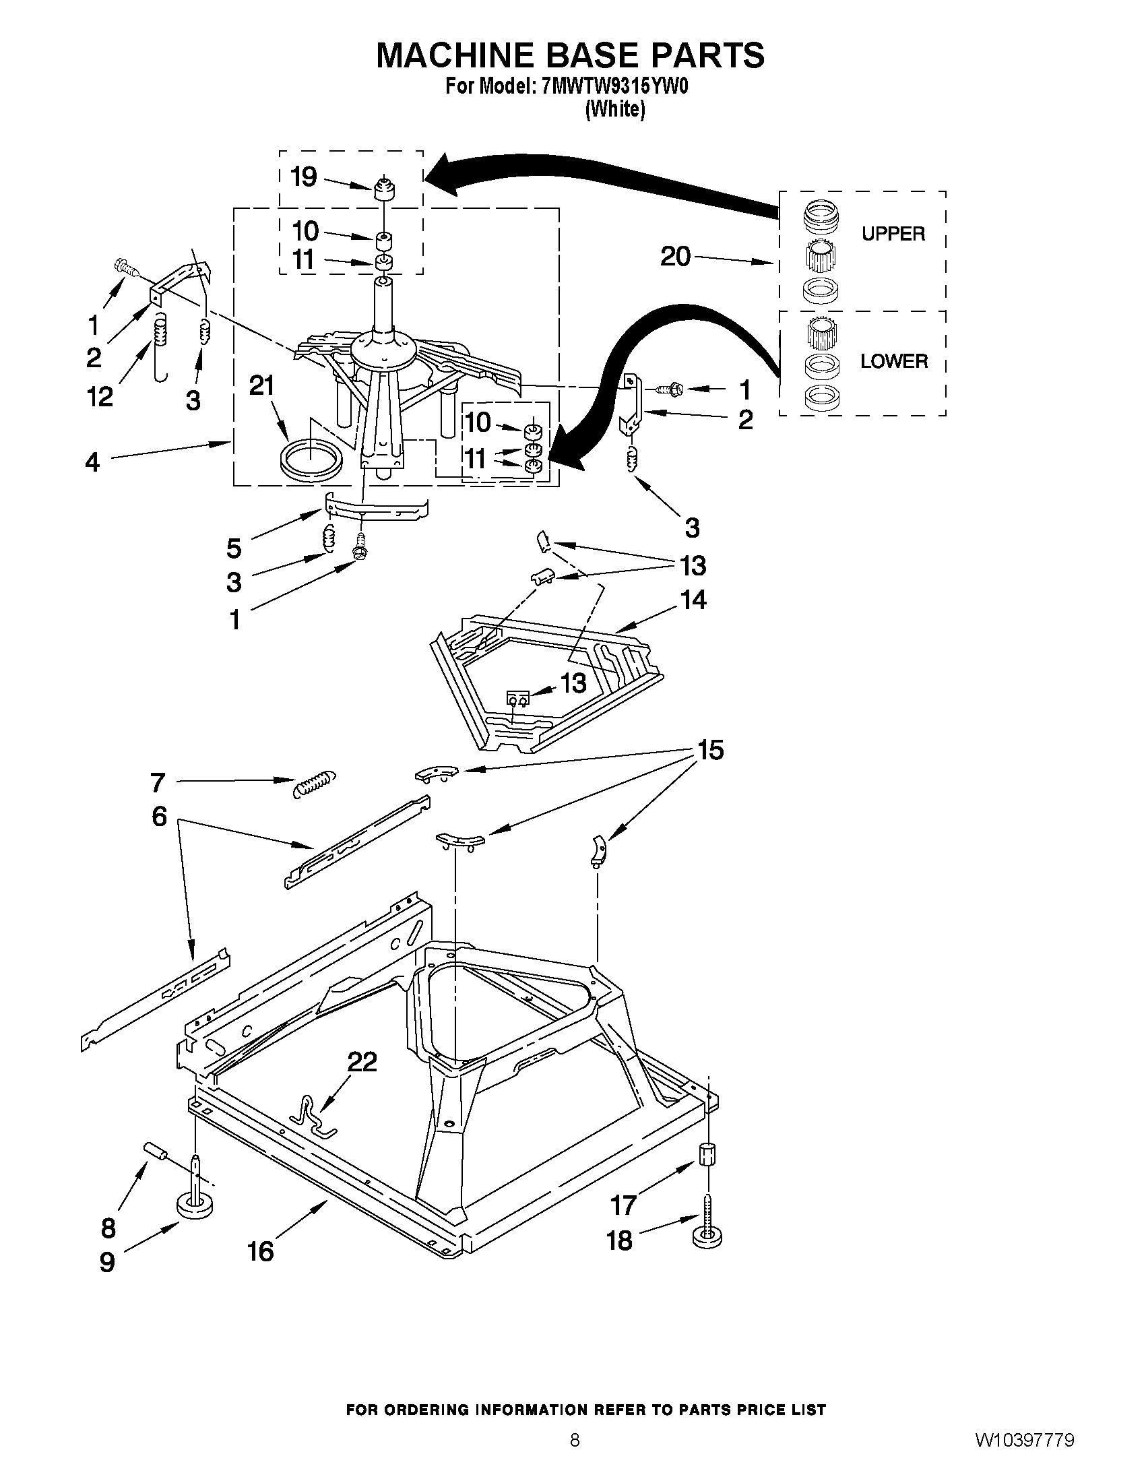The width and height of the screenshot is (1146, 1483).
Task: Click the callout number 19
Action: [303, 177]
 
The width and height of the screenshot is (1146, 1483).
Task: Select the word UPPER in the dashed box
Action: [893, 234]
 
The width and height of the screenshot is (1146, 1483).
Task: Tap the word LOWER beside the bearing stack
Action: [893, 361]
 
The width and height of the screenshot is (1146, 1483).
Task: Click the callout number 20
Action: [675, 257]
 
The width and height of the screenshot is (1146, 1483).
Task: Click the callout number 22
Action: [362, 1061]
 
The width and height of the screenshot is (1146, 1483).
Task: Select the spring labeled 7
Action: [315, 783]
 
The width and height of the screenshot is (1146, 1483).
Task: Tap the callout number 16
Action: [260, 1251]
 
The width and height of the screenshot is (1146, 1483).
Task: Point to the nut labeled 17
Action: [707, 1154]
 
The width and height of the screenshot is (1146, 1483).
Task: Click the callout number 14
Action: [693, 600]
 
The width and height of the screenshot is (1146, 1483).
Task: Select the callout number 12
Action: [100, 398]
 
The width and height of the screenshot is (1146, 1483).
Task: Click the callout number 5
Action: [234, 547]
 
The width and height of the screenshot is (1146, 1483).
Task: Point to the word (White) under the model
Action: [614, 108]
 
